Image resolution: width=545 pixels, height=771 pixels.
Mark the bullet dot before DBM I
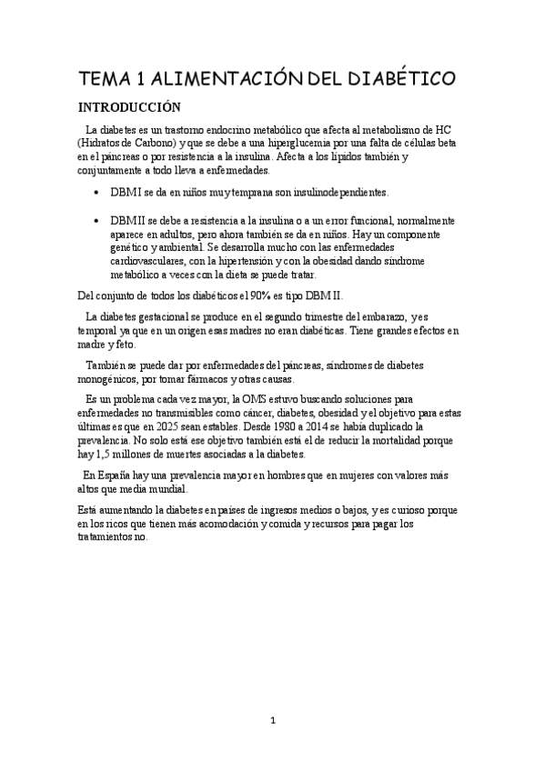point(97,193)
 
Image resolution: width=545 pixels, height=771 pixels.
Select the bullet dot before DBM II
point(97,221)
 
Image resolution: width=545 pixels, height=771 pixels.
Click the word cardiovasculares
point(154,262)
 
